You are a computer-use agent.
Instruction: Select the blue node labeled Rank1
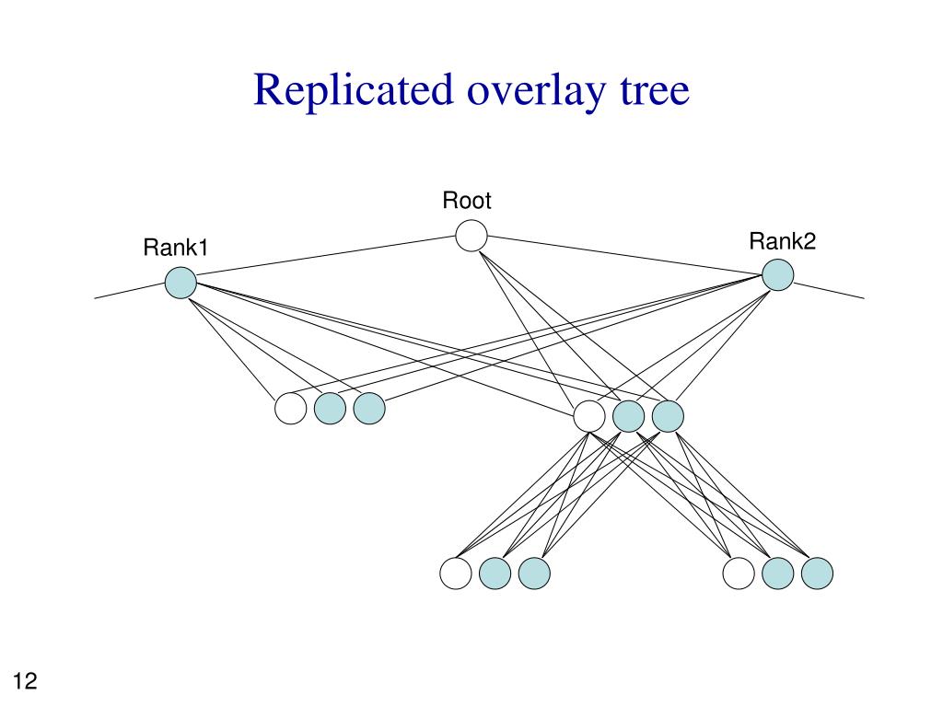coord(180,282)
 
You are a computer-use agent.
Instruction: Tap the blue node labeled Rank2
coord(777,274)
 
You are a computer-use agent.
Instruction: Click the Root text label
coord(467,200)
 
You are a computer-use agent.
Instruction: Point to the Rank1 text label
coord(176,247)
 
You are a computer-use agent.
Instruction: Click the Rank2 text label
coord(783,241)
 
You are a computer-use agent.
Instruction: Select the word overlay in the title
coord(537,92)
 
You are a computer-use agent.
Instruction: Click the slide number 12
coord(25,680)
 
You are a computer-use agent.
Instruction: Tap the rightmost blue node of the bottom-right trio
coord(817,573)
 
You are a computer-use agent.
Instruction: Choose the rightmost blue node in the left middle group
coord(369,408)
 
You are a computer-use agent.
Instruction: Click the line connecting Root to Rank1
coord(326,256)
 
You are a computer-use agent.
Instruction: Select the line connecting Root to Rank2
coord(624,255)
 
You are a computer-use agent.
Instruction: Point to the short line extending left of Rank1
coord(130,290)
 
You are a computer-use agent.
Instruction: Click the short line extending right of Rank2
coord(829,290)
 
